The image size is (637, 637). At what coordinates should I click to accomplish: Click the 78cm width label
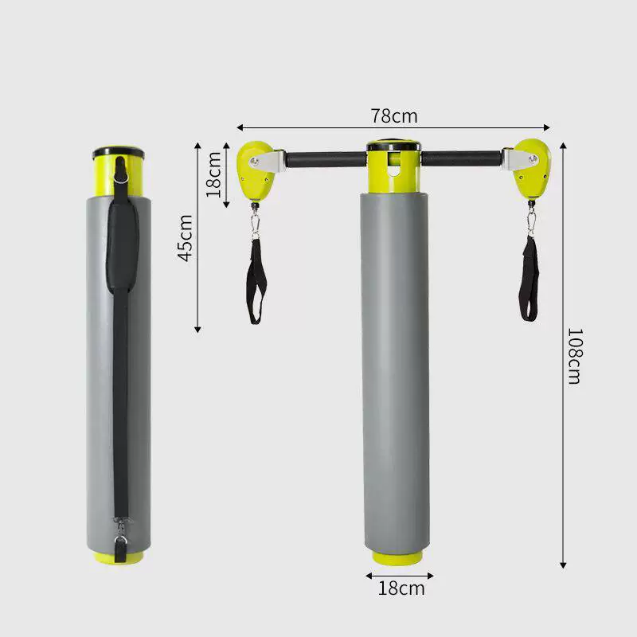(x=393, y=116)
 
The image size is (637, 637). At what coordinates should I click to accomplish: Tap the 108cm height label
(x=575, y=356)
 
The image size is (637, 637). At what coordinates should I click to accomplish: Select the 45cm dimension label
(x=186, y=238)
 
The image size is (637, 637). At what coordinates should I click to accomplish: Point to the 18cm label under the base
(x=401, y=588)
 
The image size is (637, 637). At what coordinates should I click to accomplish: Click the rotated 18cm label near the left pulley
(x=213, y=174)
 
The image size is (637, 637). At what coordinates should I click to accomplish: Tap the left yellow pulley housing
(x=256, y=171)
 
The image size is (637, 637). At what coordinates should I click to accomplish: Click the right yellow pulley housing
(x=532, y=170)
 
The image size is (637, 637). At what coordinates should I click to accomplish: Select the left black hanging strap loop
(x=256, y=282)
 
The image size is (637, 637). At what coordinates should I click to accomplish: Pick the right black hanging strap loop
(x=530, y=279)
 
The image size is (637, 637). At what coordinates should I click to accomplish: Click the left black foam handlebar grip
(x=326, y=160)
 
